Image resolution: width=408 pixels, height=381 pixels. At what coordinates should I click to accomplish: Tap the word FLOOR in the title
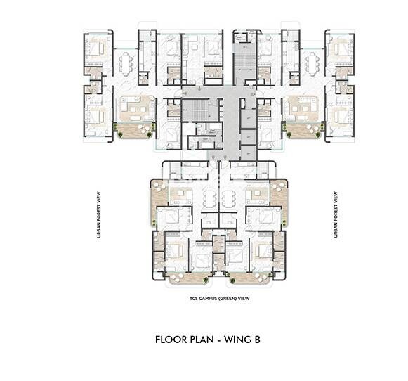(x=171, y=340)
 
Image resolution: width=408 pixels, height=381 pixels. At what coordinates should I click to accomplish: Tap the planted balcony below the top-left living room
(x=135, y=129)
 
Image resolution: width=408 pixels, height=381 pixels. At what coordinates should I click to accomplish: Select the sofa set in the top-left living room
(x=136, y=107)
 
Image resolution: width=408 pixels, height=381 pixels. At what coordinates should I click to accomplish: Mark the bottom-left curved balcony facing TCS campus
(x=186, y=278)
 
